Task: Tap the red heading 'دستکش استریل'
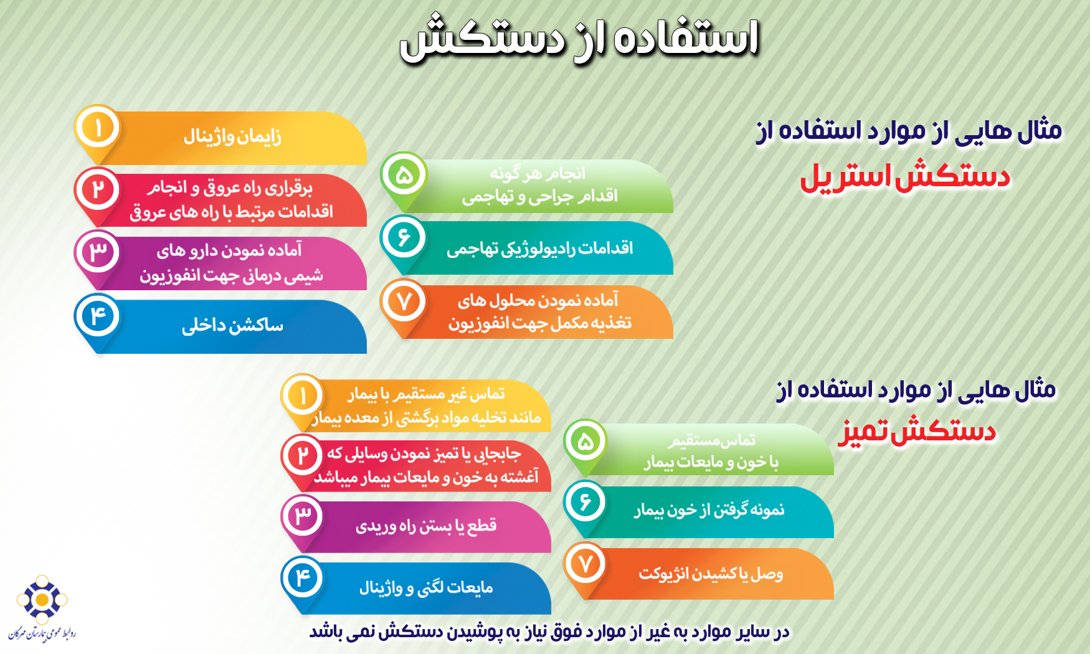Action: click(x=904, y=176)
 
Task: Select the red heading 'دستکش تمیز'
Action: click(x=916, y=431)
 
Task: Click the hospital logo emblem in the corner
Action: click(x=42, y=599)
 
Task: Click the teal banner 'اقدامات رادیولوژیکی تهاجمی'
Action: click(x=539, y=248)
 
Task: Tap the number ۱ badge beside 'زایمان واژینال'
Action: click(x=98, y=128)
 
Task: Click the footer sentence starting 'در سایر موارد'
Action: click(x=549, y=632)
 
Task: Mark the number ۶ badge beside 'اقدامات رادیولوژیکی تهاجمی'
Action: click(x=404, y=237)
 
